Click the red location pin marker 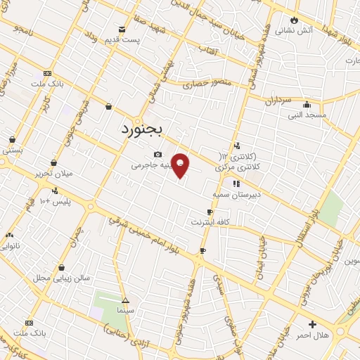point(181,165)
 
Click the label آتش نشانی point(293,30)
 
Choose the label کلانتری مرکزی point(238,162)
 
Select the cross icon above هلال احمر point(312,324)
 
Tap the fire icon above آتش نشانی point(294,20)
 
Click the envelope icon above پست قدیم point(122,30)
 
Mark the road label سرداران point(278,101)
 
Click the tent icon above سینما point(125,299)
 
